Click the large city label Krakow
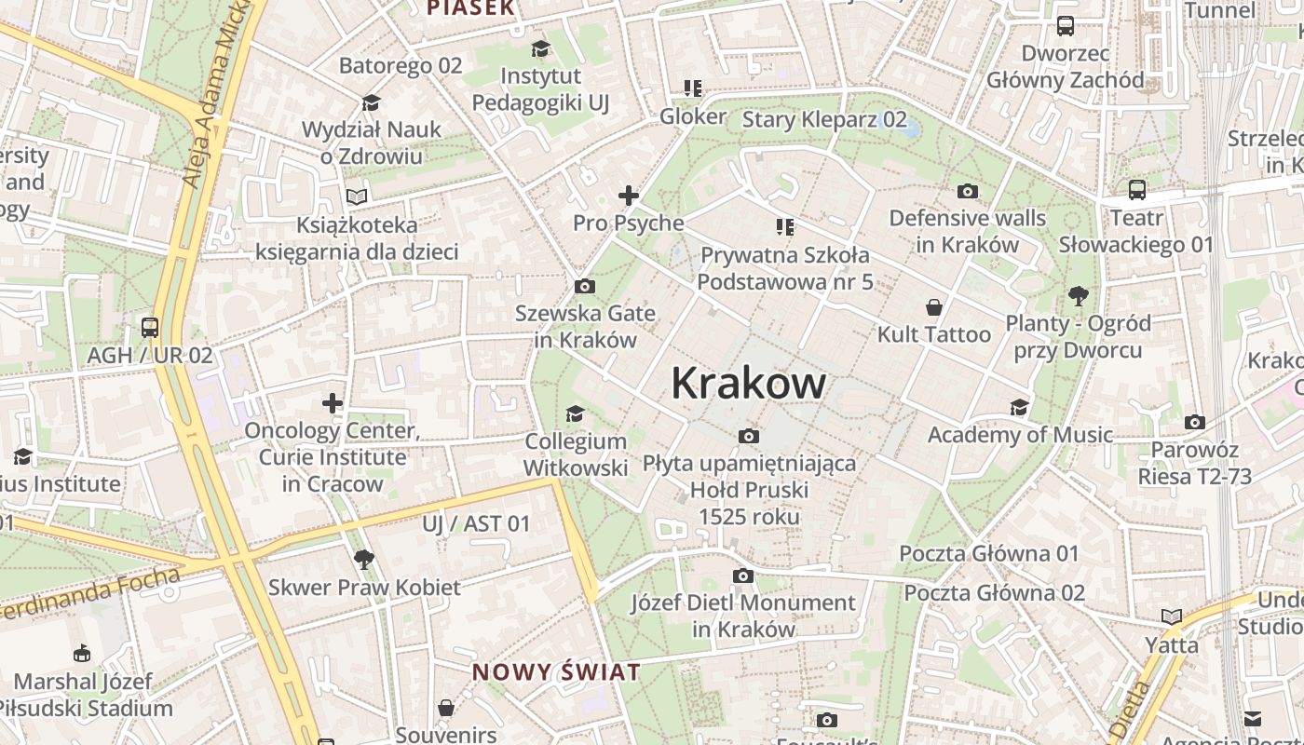(748, 383)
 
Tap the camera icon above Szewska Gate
(585, 286)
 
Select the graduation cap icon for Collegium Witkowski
(576, 413)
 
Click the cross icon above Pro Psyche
(629, 196)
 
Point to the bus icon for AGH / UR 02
(150, 328)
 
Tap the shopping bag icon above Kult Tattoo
(933, 307)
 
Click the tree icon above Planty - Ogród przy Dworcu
(1079, 296)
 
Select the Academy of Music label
(1020, 435)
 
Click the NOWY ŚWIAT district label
(556, 672)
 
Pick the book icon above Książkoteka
(357, 196)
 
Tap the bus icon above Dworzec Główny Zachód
(1066, 26)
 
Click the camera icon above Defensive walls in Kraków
(968, 191)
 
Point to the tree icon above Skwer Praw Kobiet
(364, 560)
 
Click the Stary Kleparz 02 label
(824, 119)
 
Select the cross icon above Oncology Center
(333, 403)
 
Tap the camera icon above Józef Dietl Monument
(742, 576)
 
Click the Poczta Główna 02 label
(994, 593)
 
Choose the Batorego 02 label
(401, 65)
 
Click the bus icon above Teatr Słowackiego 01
(1137, 190)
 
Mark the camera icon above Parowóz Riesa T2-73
(1195, 422)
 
